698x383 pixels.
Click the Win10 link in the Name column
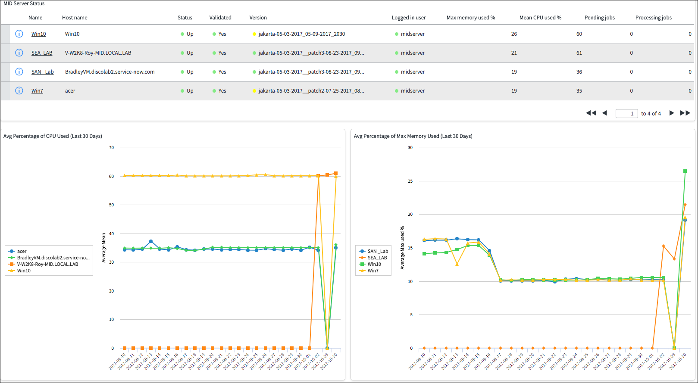(x=38, y=34)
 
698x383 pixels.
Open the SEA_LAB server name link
(x=42, y=53)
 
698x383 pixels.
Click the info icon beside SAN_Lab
(x=19, y=72)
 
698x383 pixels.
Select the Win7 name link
(x=37, y=91)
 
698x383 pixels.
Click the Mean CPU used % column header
(x=540, y=18)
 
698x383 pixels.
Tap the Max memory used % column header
(x=470, y=18)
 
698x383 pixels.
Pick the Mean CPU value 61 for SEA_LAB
(x=579, y=53)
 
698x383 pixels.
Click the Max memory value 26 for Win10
(x=514, y=34)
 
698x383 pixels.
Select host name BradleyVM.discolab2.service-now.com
(x=110, y=72)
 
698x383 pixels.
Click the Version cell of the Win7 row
(x=311, y=91)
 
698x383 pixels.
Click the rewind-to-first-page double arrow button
(x=591, y=113)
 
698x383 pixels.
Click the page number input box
(x=626, y=113)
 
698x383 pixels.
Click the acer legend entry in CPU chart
(x=22, y=251)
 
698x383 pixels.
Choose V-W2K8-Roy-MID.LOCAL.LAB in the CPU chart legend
(x=47, y=264)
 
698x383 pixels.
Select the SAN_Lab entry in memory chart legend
(x=377, y=251)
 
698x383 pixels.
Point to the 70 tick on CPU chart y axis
(x=111, y=147)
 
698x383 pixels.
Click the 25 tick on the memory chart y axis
(x=410, y=181)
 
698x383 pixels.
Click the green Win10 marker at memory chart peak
(x=685, y=171)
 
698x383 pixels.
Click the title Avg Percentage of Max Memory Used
(x=413, y=136)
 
